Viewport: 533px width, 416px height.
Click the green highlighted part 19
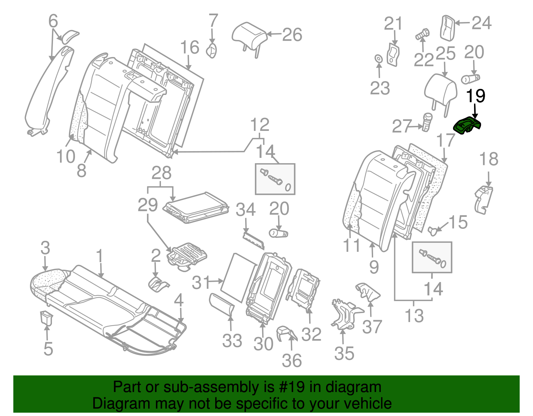click(x=467, y=126)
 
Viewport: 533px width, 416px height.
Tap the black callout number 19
click(x=475, y=96)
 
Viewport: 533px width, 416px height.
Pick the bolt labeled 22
click(x=422, y=34)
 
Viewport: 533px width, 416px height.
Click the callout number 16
click(x=190, y=48)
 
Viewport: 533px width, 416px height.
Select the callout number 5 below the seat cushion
click(x=48, y=348)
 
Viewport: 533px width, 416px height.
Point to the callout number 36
click(x=292, y=360)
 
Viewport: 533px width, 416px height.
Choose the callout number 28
click(x=162, y=173)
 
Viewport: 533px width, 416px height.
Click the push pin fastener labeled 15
click(x=433, y=230)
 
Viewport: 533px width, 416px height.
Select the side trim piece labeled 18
click(x=483, y=200)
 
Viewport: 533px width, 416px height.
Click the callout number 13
click(x=414, y=315)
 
